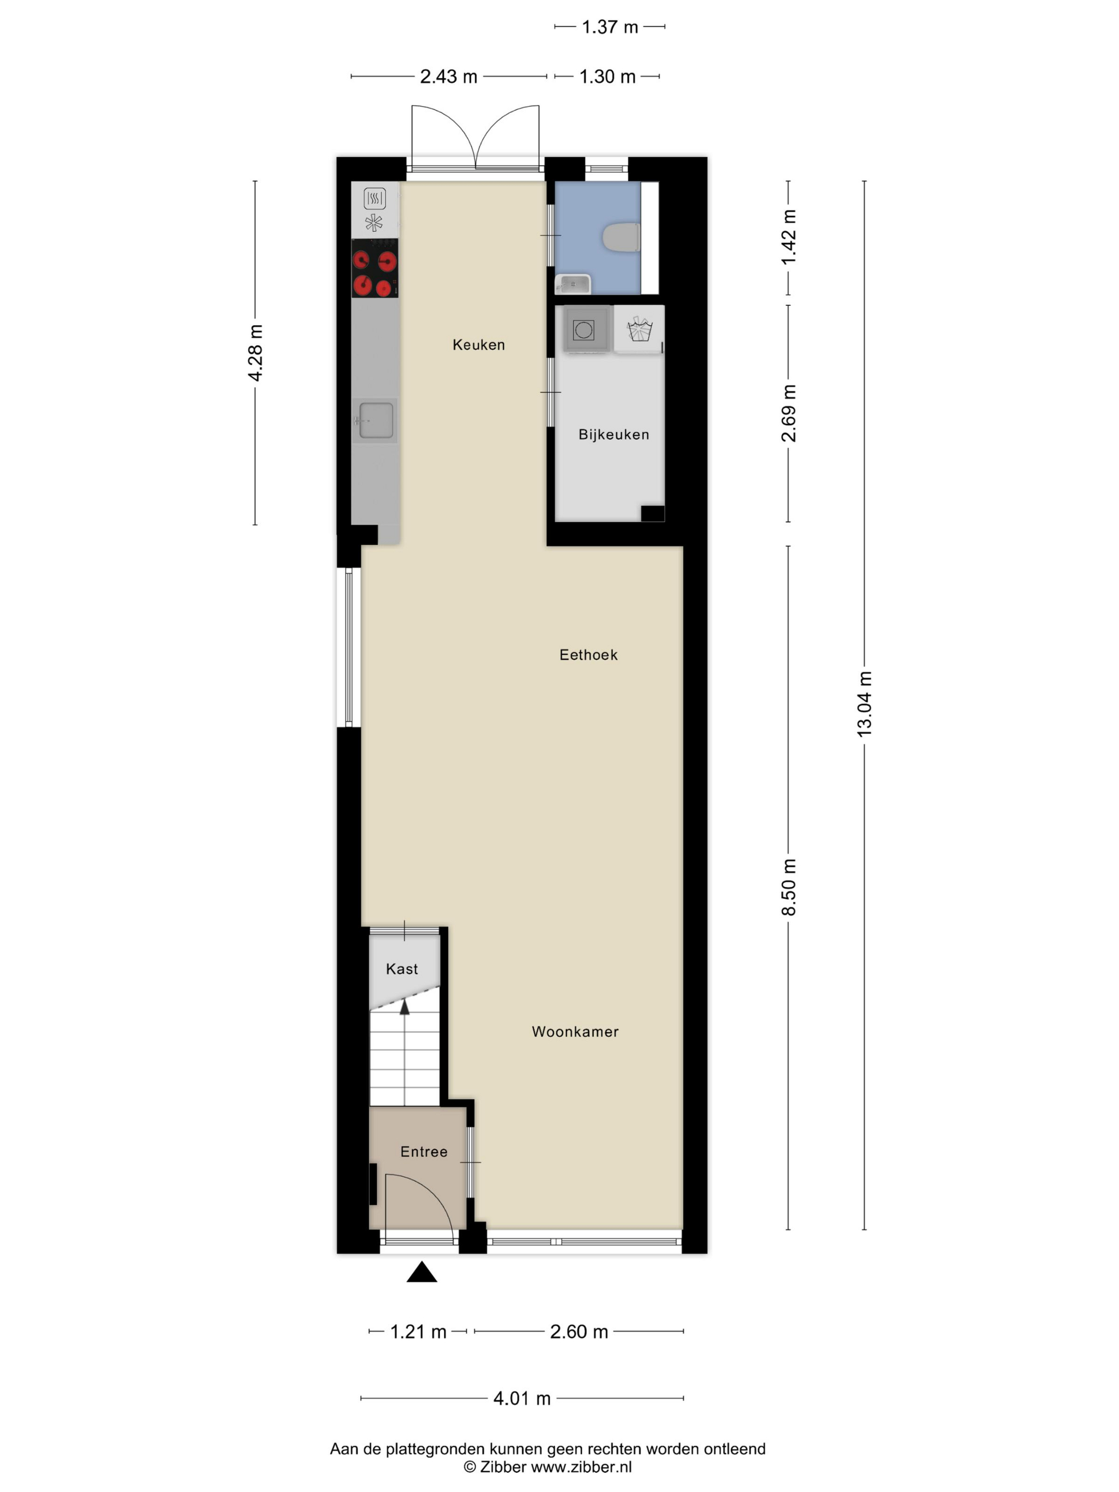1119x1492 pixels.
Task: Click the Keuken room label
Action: (x=478, y=345)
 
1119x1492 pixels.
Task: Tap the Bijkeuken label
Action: (x=613, y=434)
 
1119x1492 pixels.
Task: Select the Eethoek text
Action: (x=588, y=654)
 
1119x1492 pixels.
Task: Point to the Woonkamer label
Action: (x=574, y=1031)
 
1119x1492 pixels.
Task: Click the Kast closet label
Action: (x=401, y=969)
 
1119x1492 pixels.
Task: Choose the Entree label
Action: (x=424, y=1152)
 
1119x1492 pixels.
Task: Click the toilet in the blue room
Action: (x=621, y=238)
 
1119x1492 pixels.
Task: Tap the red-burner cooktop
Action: (x=375, y=268)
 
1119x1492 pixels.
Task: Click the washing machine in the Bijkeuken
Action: (x=583, y=330)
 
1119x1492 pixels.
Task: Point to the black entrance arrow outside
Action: (x=421, y=1271)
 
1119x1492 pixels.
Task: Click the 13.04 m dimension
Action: (x=864, y=703)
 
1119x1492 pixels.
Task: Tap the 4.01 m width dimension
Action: (x=521, y=1398)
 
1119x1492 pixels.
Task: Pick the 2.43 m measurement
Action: (x=449, y=77)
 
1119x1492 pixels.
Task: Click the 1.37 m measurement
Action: (x=609, y=27)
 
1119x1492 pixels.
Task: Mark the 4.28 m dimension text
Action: (x=255, y=353)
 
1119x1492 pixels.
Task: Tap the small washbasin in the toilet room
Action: (x=573, y=284)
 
